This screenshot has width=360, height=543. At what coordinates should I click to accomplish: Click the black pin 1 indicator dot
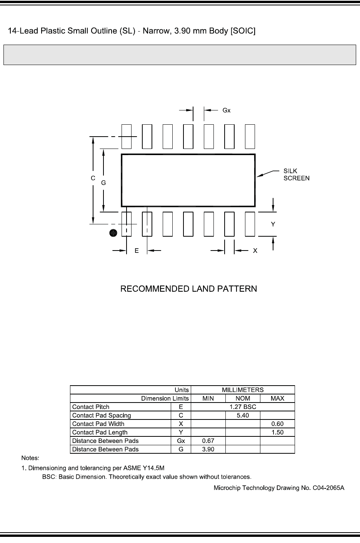[113, 233]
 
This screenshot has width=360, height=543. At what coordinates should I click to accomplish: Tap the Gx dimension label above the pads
[227, 110]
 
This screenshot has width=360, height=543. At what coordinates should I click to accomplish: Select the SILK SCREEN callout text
[296, 174]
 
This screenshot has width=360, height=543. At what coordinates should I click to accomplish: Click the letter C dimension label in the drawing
[93, 178]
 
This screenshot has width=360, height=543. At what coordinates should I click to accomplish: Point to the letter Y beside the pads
[273, 224]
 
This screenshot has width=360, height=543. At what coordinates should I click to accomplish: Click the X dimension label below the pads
[255, 251]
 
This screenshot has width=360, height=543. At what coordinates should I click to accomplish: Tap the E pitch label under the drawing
[137, 251]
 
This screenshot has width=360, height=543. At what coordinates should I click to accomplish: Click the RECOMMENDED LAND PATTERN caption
[188, 289]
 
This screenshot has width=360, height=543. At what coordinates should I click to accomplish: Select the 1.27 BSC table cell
[243, 407]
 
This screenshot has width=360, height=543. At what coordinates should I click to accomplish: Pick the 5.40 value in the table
[243, 415]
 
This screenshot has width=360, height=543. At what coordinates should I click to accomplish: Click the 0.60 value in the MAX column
[277, 424]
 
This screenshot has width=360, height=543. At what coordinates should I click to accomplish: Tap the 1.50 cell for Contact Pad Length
[277, 432]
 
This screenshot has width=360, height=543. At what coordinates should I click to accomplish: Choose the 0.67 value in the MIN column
[208, 441]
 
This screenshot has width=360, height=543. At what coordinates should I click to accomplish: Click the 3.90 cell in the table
[208, 449]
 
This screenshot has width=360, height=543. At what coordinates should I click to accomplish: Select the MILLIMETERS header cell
[243, 390]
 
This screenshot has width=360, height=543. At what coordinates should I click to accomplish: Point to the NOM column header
[243, 398]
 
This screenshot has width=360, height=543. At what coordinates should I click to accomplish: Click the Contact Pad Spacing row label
[102, 415]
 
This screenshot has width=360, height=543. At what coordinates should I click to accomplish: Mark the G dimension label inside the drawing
[103, 183]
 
